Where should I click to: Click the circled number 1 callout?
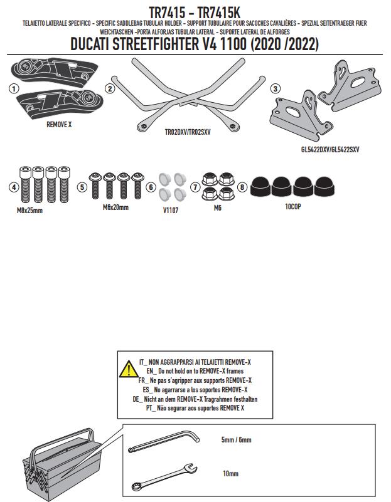point(12,88)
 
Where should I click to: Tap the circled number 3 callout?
point(276,88)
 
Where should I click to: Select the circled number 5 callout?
point(82,187)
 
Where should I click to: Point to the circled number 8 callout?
point(242,187)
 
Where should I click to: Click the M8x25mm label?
point(30,211)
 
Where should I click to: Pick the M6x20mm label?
point(115,207)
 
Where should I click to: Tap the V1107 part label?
point(170,211)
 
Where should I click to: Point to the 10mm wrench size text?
point(230,474)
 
